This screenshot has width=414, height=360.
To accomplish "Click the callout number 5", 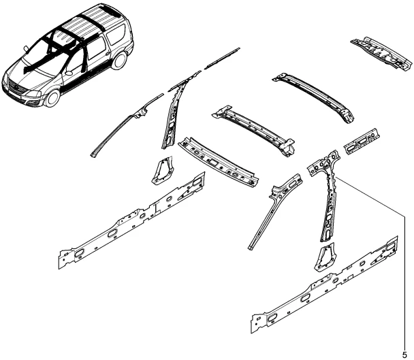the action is pyautogui.click(x=404, y=355).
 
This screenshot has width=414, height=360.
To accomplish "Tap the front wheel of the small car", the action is pyautogui.click(x=53, y=98).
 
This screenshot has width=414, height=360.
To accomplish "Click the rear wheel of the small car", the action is pyautogui.click(x=119, y=60).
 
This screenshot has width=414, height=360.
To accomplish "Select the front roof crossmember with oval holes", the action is pyautogui.click(x=218, y=162).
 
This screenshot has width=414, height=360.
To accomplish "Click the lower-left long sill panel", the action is pyautogui.click(x=131, y=220).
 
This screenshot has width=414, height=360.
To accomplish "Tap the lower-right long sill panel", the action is pyautogui.click(x=324, y=285).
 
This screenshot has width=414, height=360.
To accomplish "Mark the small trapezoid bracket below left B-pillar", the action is pyautogui.click(x=162, y=170).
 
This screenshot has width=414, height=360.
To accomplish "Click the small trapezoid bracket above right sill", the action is pyautogui.click(x=325, y=257).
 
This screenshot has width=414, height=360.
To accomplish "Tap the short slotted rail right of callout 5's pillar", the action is pyautogui.click(x=362, y=141).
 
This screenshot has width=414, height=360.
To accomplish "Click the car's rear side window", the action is pyautogui.click(x=116, y=34).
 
